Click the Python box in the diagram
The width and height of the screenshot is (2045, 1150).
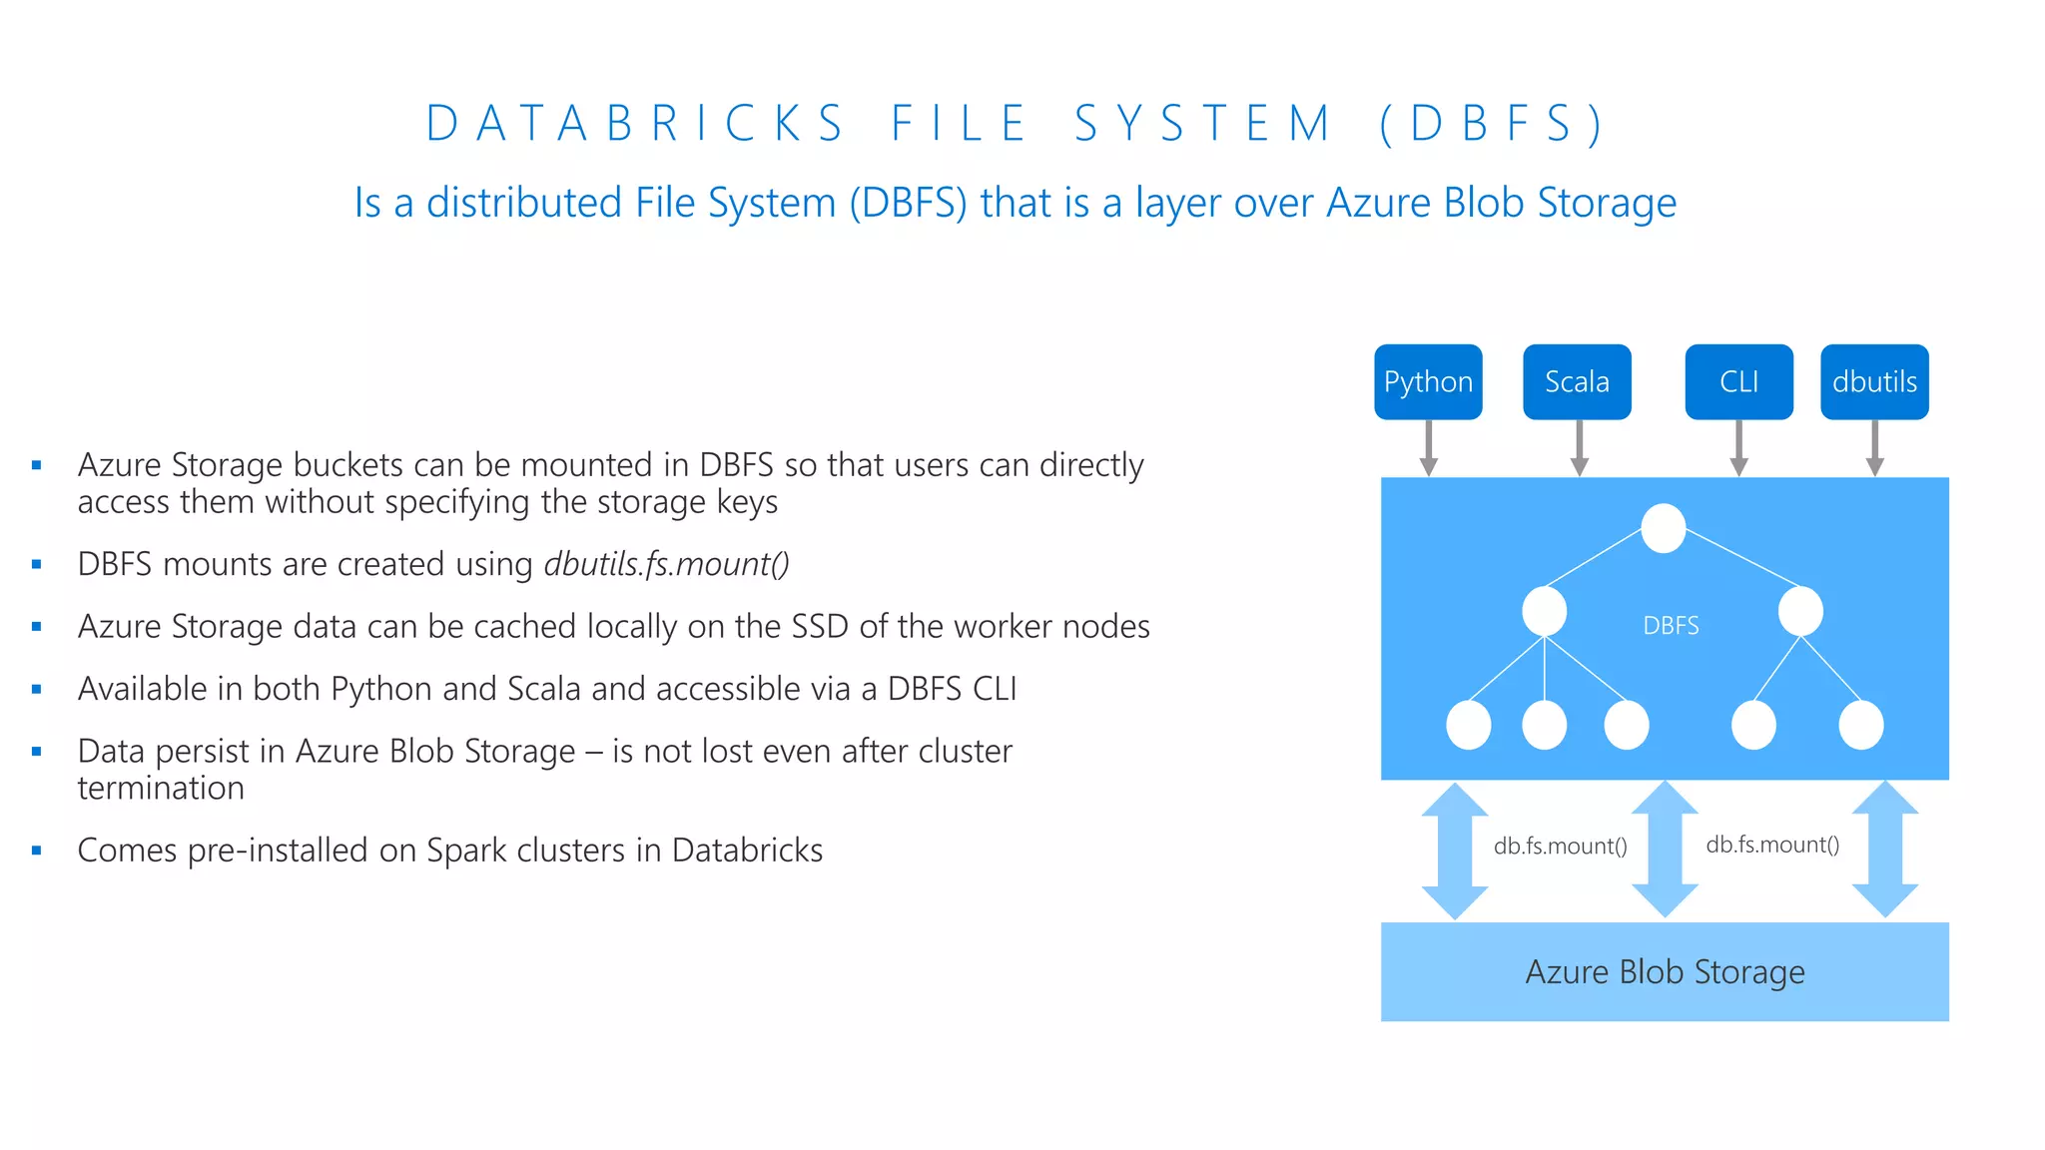[x=1428, y=382]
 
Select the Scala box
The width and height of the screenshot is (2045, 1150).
[x=1577, y=382]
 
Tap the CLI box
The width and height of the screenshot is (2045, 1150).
[x=1738, y=382]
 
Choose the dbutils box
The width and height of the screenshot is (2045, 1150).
[x=1874, y=382]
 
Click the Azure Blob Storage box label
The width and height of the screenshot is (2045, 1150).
[x=1665, y=972]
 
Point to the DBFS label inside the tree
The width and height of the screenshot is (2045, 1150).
[x=1671, y=626]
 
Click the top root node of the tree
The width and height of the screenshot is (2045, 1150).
[x=1664, y=528]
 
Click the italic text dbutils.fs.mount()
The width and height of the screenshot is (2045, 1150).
[x=666, y=565]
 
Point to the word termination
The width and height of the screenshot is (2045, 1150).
[x=161, y=789]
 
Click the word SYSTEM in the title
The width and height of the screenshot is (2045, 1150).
[x=1203, y=124]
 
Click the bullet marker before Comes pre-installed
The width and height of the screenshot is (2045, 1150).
[x=37, y=851]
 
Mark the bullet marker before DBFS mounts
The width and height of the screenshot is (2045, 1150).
[x=37, y=565]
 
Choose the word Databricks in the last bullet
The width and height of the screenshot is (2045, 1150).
[x=747, y=851]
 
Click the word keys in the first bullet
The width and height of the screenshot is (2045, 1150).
[x=747, y=502]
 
